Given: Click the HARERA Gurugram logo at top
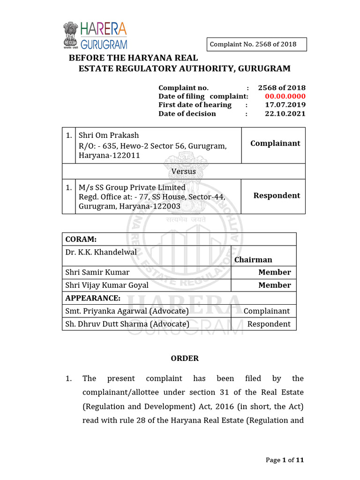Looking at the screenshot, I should coord(95,36).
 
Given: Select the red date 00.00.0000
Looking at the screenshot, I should coord(282,96).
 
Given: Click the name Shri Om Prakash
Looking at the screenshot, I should coord(109,135).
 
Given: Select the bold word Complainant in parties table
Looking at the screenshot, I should coord(275,143).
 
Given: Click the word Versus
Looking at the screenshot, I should coord(184,171).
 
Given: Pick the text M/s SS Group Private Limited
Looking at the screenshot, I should coord(132,187).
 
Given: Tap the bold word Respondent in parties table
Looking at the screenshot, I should coord(277,195).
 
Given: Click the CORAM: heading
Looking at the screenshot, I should coord(81,239).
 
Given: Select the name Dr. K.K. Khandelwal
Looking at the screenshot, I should coord(101,252).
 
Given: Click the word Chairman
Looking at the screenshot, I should coord(253,260).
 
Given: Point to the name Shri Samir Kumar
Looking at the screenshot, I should coord(97,272).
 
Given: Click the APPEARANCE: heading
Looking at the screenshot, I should coord(93,298).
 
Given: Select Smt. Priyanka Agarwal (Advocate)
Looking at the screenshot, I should coord(127,311).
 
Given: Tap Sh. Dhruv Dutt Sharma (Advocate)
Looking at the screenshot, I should coord(127,324).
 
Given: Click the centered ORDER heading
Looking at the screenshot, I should coord(185,358).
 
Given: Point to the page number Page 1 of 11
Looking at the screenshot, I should coord(285,460).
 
